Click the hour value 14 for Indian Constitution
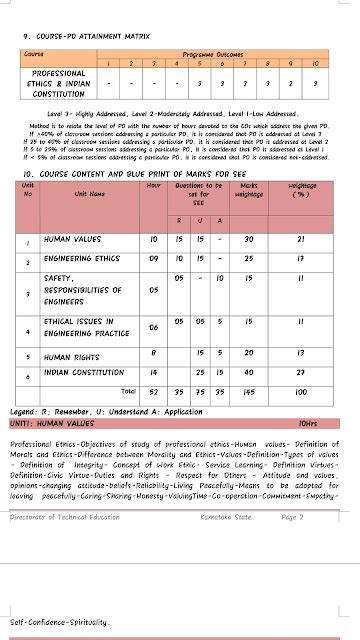click(153, 372)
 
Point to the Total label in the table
click(128, 390)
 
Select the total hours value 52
click(153, 390)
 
